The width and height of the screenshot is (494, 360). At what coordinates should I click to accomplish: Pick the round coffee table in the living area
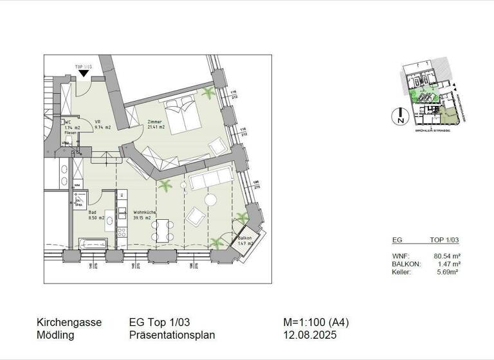point(210,199)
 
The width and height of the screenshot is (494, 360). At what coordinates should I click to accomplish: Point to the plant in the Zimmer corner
point(208,94)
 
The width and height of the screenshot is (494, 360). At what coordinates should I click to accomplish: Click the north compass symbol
point(400,116)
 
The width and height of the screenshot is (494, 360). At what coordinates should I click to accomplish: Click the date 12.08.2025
point(309,335)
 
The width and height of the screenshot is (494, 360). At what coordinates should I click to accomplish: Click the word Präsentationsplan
point(172,335)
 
